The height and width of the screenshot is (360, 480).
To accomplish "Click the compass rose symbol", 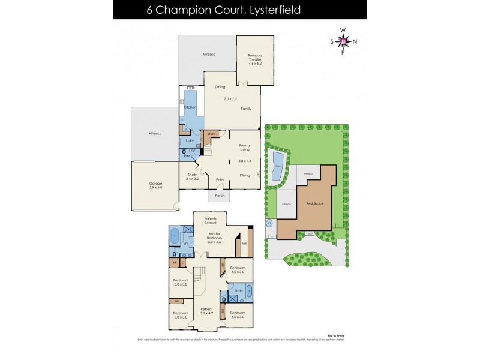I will pyautogui.click(x=343, y=41).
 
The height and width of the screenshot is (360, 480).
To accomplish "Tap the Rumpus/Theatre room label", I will pyautogui.click(x=256, y=58).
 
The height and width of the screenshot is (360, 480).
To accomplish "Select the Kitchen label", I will pyautogui.click(x=190, y=107).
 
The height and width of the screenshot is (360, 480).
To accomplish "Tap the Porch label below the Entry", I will pyautogui.click(x=219, y=195).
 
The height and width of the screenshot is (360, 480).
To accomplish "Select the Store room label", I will pyautogui.click(x=211, y=133).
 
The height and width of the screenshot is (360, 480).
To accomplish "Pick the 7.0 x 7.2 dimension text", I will pyautogui.click(x=230, y=98).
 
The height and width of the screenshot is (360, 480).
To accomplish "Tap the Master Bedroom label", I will pyautogui.click(x=214, y=238).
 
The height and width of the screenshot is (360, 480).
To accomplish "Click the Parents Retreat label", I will pyautogui.click(x=211, y=221).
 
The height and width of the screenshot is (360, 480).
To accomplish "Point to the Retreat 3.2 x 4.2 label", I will pyautogui.click(x=207, y=311).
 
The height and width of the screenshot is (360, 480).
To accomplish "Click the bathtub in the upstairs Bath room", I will pyautogui.click(x=247, y=293).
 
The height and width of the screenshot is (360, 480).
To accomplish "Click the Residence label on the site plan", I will pyautogui.click(x=314, y=203).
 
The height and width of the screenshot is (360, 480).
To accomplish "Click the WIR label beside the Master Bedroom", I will pyautogui.click(x=244, y=244).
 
